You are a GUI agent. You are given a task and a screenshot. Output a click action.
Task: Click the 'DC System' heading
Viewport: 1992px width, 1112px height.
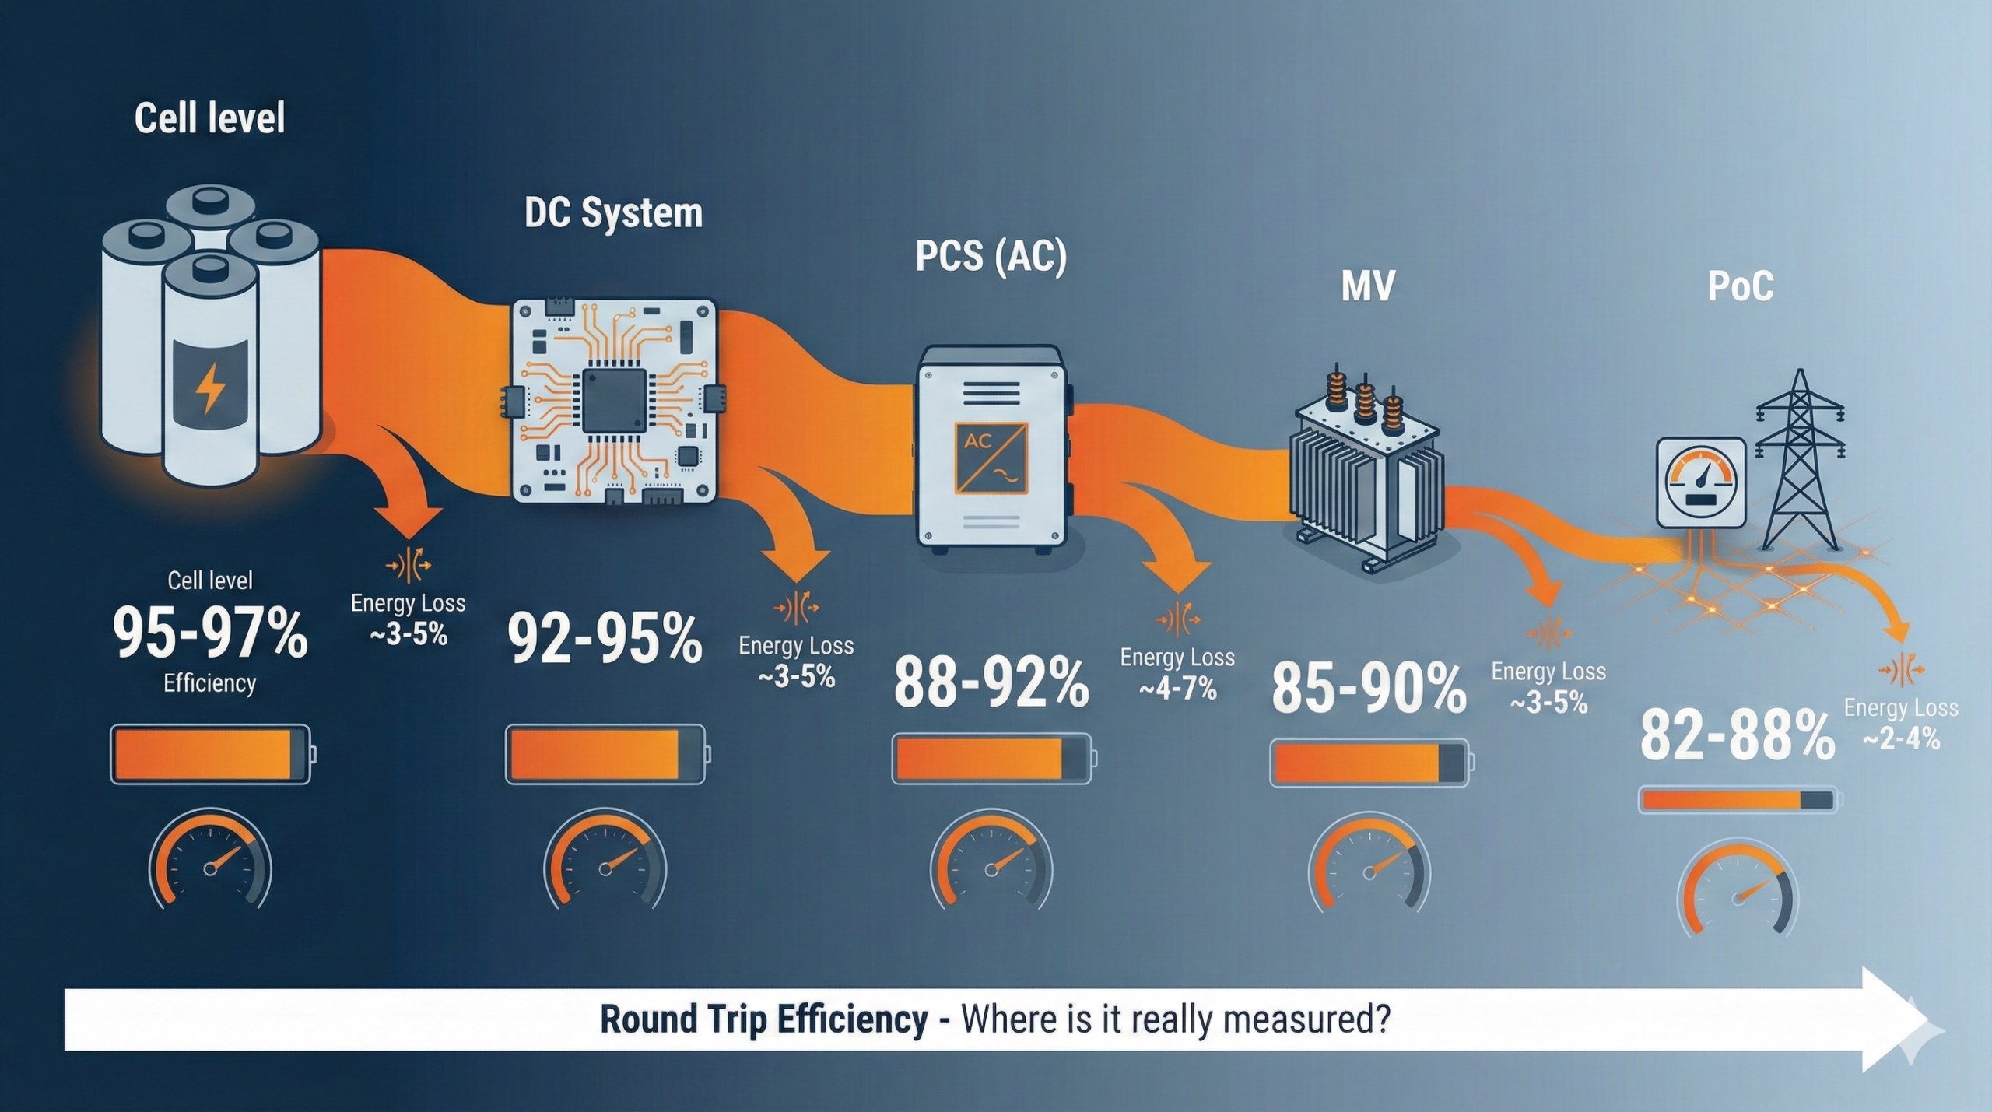pos(613,213)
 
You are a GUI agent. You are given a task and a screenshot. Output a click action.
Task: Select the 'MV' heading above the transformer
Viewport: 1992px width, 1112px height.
pos(1368,286)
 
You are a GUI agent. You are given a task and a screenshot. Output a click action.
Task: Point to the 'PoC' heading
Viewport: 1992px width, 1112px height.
pos(1741,286)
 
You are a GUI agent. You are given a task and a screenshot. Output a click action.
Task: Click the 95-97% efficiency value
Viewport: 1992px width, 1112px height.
pos(210,633)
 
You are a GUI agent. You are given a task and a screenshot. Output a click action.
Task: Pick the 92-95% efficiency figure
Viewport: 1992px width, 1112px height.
pos(605,639)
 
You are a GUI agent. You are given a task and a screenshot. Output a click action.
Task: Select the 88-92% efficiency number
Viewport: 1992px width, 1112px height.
pos(991,682)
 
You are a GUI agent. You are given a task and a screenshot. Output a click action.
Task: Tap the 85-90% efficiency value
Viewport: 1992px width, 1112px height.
pos(1369,688)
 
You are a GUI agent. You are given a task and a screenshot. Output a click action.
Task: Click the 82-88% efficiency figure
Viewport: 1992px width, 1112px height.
pos(1738,734)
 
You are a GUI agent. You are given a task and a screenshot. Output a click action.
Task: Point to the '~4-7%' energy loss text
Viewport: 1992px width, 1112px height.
pos(1177,689)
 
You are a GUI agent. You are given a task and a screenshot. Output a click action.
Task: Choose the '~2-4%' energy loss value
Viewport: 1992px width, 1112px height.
pos(1901,738)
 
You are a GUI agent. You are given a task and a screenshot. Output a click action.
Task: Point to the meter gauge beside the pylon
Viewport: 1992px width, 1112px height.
pos(1701,482)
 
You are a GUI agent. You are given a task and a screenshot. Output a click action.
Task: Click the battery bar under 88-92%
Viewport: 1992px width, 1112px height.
pos(994,758)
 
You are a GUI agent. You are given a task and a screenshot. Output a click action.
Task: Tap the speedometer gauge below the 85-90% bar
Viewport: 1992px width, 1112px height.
pos(1369,864)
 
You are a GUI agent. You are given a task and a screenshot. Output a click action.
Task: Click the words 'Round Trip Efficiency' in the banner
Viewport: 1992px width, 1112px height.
pos(764,1019)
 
